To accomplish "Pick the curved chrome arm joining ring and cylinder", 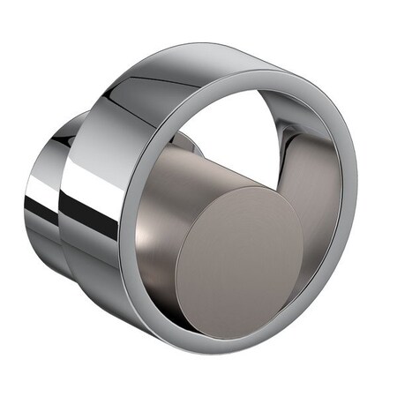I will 291,150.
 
